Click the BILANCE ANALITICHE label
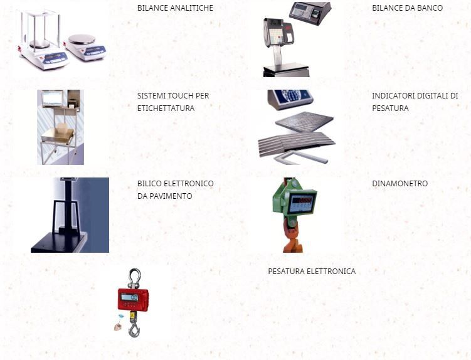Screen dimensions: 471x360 click(175, 8)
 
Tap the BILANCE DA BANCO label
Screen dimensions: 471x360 click(407, 8)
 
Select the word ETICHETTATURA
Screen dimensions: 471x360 click(166, 108)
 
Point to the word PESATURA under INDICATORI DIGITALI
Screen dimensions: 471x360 click(390, 108)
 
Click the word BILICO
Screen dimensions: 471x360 click(150, 183)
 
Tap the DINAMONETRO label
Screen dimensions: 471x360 click(400, 183)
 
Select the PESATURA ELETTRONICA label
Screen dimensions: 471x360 click(312, 272)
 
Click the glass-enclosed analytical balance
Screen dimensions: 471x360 click(42, 41)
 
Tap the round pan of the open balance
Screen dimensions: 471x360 click(82, 39)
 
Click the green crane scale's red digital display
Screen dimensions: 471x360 click(302, 201)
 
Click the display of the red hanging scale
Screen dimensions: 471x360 click(130, 297)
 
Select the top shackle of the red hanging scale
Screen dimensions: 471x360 click(135, 278)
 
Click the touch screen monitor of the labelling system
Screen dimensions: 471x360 click(53, 98)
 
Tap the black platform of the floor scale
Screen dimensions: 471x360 click(58, 242)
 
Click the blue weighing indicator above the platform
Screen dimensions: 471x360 click(290, 99)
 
